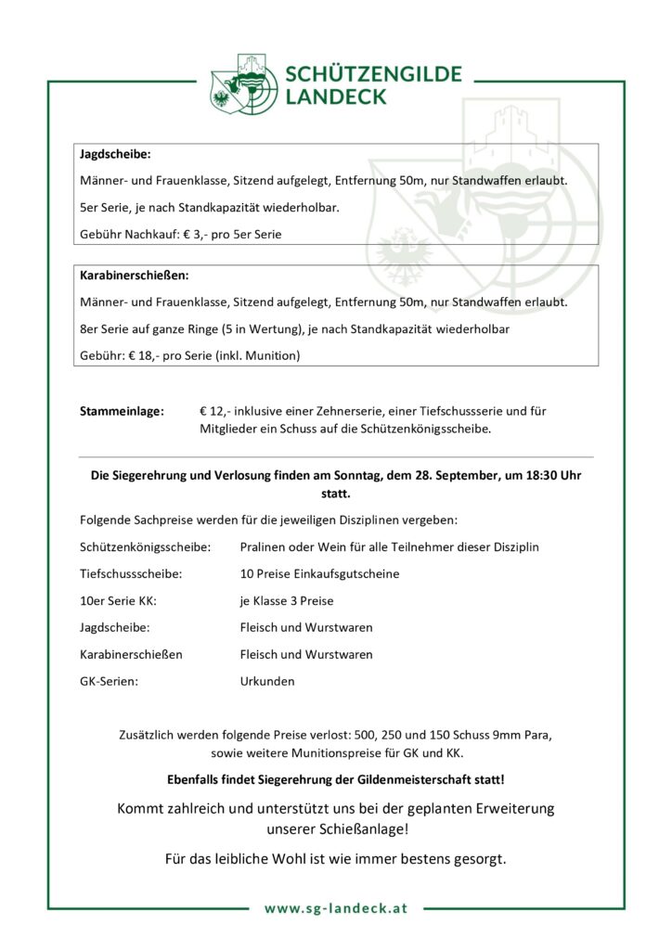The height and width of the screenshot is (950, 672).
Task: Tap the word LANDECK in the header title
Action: pyautogui.click(x=336, y=96)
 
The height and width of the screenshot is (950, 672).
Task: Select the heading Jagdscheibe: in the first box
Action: pyautogui.click(x=115, y=153)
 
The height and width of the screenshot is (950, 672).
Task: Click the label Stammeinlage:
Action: pyautogui.click(x=122, y=409)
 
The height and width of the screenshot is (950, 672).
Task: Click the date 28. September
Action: pyautogui.click(x=452, y=475)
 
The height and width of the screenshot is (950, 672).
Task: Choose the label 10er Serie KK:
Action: pyautogui.click(x=118, y=600)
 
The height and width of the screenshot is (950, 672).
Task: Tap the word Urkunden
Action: pyautogui.click(x=267, y=681)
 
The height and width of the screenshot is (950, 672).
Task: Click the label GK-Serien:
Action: pyautogui.click(x=110, y=681)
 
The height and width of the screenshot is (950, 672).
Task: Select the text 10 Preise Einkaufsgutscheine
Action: pyautogui.click(x=319, y=573)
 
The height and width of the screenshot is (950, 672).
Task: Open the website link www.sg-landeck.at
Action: pyautogui.click(x=336, y=908)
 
